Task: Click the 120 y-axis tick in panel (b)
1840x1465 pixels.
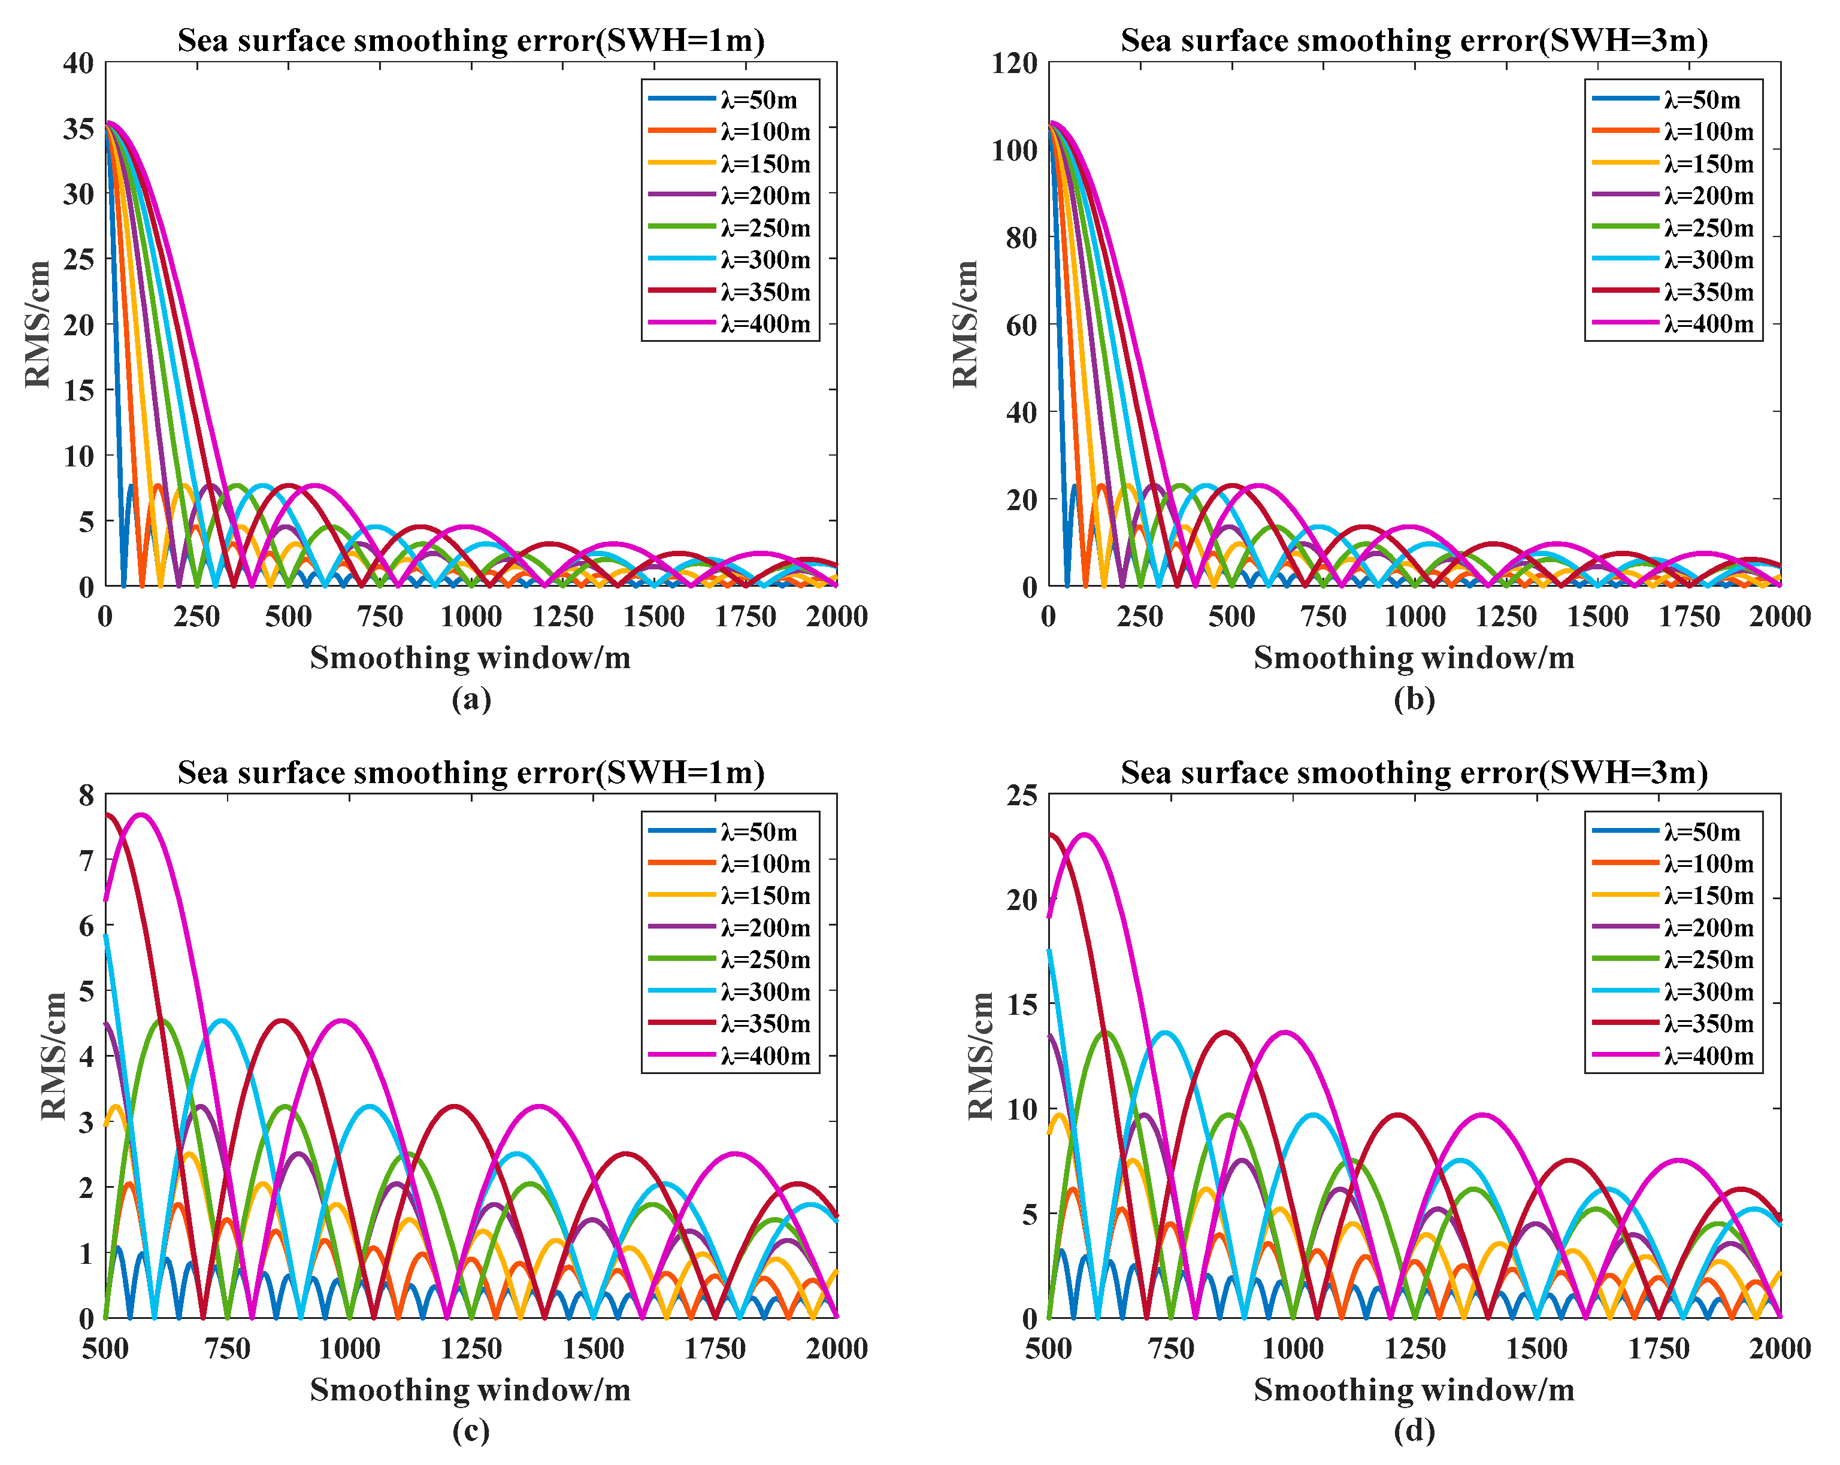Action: point(1014,63)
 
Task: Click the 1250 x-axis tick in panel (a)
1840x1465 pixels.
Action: point(562,617)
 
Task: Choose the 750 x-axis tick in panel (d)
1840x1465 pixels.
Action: point(1171,1349)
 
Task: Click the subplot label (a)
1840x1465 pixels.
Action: point(471,700)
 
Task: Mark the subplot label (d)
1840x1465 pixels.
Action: point(1414,1431)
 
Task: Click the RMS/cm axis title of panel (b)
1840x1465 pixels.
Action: point(966,324)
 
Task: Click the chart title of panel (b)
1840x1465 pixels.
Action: point(1414,40)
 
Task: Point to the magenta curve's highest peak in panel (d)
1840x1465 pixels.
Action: point(1085,835)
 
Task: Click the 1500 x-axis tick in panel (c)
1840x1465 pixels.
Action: point(593,1349)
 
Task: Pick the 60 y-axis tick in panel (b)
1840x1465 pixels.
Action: point(1022,325)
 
